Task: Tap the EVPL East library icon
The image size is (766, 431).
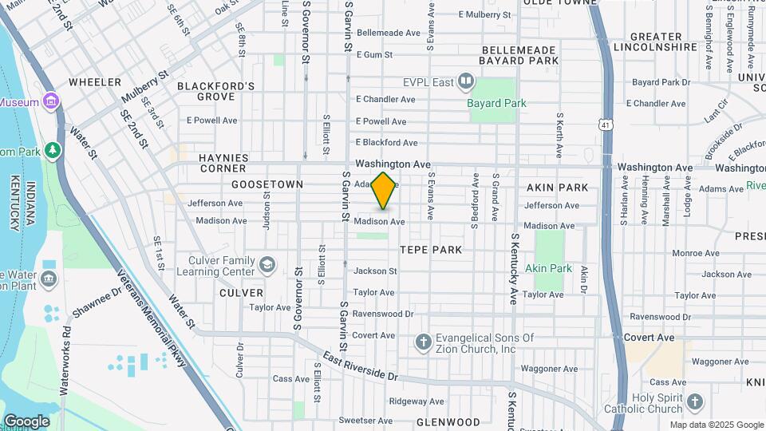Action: [x=467, y=81]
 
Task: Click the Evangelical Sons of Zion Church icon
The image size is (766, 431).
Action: [x=424, y=342]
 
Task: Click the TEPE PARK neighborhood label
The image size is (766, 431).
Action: [x=431, y=250]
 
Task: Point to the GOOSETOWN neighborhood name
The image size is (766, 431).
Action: [x=267, y=184]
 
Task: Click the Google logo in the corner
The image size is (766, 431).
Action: [x=26, y=421]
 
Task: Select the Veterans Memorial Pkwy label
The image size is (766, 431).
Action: [x=152, y=317]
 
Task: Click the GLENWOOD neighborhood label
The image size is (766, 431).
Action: [x=448, y=422]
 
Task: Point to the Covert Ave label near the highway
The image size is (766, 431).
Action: [x=650, y=338]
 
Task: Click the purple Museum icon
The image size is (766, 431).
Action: [x=52, y=101]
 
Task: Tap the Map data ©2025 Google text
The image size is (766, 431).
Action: [x=716, y=425]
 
